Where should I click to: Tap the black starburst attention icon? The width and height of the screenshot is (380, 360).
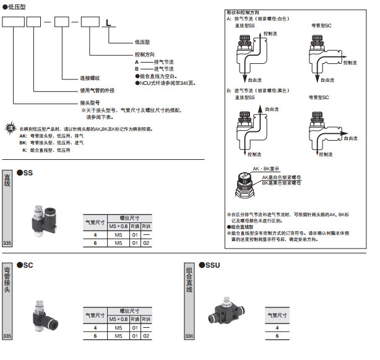click(x=9, y=128)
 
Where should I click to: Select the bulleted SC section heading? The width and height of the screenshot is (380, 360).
click(x=25, y=264)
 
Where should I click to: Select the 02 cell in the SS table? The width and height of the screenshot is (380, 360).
click(x=145, y=244)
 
